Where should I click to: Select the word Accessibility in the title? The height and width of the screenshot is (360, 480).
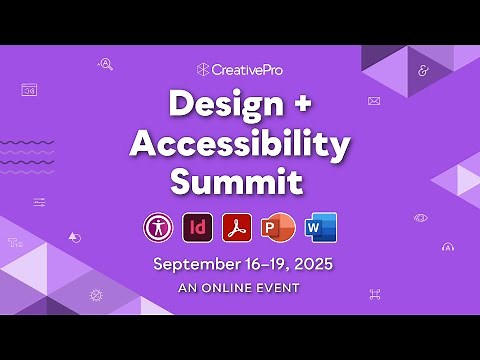pyautogui.click(x=240, y=143)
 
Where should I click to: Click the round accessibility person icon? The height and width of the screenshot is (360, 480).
pyautogui.click(x=158, y=227)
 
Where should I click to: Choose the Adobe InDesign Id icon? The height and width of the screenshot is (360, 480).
pyautogui.click(x=198, y=227)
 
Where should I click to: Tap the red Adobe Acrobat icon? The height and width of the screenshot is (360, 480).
pyautogui.click(x=238, y=227)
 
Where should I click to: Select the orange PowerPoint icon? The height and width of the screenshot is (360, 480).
pyautogui.click(x=277, y=227)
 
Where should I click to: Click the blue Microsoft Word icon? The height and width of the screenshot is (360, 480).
pyautogui.click(x=320, y=227)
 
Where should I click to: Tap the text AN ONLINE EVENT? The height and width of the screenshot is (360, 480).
pyautogui.click(x=240, y=287)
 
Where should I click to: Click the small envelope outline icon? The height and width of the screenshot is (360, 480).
pyautogui.click(x=374, y=100)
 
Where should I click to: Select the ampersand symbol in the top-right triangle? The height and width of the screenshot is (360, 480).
pyautogui.click(x=423, y=71)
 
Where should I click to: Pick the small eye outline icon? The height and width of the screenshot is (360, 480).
pyautogui.click(x=421, y=217)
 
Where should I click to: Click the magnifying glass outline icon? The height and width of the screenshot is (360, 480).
pyautogui.click(x=105, y=65)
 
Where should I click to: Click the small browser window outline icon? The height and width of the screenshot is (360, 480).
pyautogui.click(x=29, y=90)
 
